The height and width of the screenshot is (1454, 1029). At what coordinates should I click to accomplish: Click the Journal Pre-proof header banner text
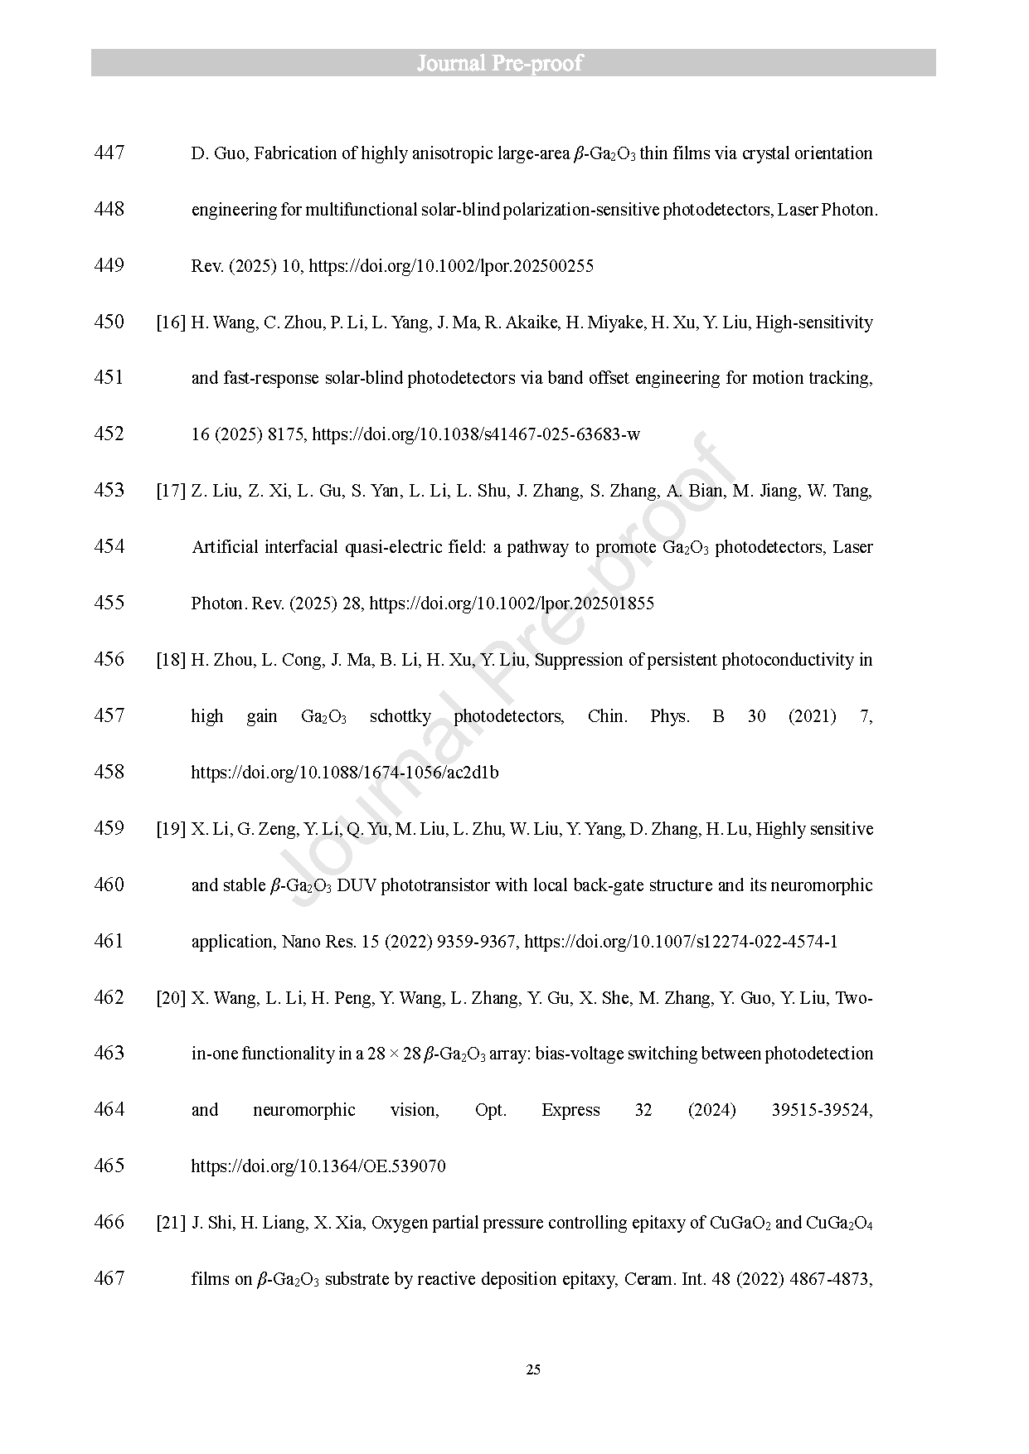pos(499,63)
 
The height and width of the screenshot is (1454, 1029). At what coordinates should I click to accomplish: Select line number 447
pos(109,153)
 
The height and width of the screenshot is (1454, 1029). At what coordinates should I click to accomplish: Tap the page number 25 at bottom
pos(533,1369)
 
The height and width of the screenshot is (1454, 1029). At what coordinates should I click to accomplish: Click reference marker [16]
pos(171,322)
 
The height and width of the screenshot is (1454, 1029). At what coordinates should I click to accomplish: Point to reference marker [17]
pos(171,491)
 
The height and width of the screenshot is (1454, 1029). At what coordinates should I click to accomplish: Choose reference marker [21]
pos(171,1223)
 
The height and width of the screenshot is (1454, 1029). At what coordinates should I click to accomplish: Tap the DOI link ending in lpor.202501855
pos(512,603)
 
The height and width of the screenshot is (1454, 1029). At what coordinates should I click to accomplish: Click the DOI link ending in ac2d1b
pos(345,773)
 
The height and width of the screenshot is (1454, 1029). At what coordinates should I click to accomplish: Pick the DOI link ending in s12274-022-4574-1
pos(681,942)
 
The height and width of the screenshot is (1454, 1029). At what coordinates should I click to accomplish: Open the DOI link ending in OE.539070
pos(318,1166)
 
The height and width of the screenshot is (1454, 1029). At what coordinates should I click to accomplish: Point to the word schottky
pos(400,716)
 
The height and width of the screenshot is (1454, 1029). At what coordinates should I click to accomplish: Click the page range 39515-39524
pos(821,1110)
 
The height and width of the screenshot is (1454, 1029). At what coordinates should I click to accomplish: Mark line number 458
pos(109,772)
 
